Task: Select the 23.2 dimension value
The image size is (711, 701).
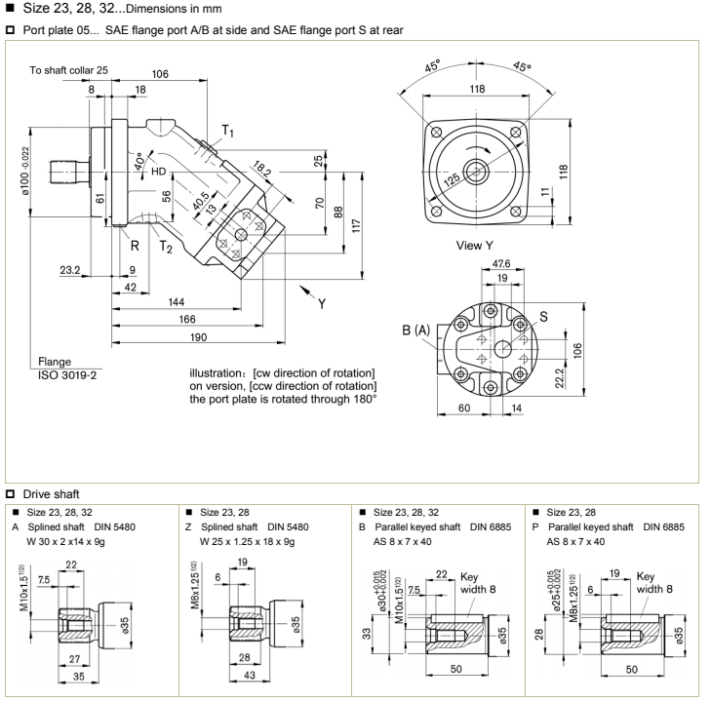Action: (x=69, y=270)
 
